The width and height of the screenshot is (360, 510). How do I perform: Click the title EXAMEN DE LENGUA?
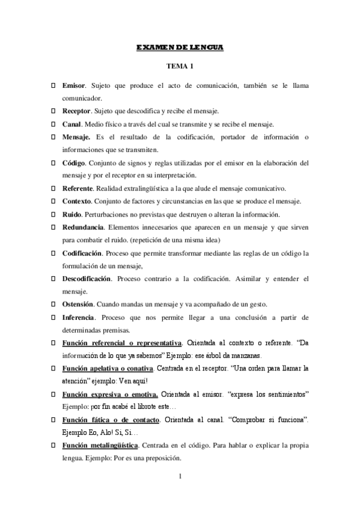click(180, 47)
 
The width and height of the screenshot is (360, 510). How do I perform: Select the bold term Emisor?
click(75, 86)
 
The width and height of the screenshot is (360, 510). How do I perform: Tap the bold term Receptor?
click(76, 111)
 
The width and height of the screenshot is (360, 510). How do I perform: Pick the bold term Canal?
click(72, 124)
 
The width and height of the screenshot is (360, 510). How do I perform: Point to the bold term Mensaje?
click(76, 137)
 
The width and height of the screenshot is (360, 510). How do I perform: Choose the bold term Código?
click(74, 162)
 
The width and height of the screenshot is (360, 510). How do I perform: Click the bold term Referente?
click(78, 188)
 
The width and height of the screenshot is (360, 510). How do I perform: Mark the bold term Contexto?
click(77, 201)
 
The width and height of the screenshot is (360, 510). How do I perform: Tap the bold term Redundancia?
click(83, 227)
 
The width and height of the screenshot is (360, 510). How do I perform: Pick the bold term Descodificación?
click(87, 279)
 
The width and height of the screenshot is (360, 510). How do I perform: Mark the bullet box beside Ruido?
click(53, 214)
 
